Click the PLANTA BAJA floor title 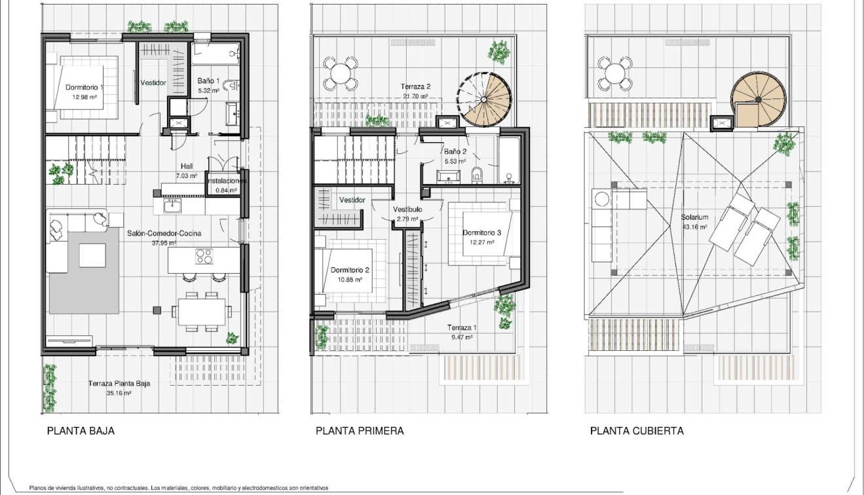point(81,431)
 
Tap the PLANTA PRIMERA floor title point(360,431)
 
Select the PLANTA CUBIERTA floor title point(637,431)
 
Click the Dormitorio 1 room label point(85,87)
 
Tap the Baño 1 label point(209,81)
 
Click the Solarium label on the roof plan point(694,217)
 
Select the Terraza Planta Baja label point(119,384)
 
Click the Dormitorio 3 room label point(481,232)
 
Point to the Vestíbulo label point(407,210)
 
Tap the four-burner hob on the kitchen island point(204,257)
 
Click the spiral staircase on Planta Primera point(485,100)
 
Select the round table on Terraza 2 point(340,72)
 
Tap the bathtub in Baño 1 point(216,52)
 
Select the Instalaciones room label point(226,181)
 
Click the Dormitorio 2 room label point(350,270)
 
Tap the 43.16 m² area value point(694,227)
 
